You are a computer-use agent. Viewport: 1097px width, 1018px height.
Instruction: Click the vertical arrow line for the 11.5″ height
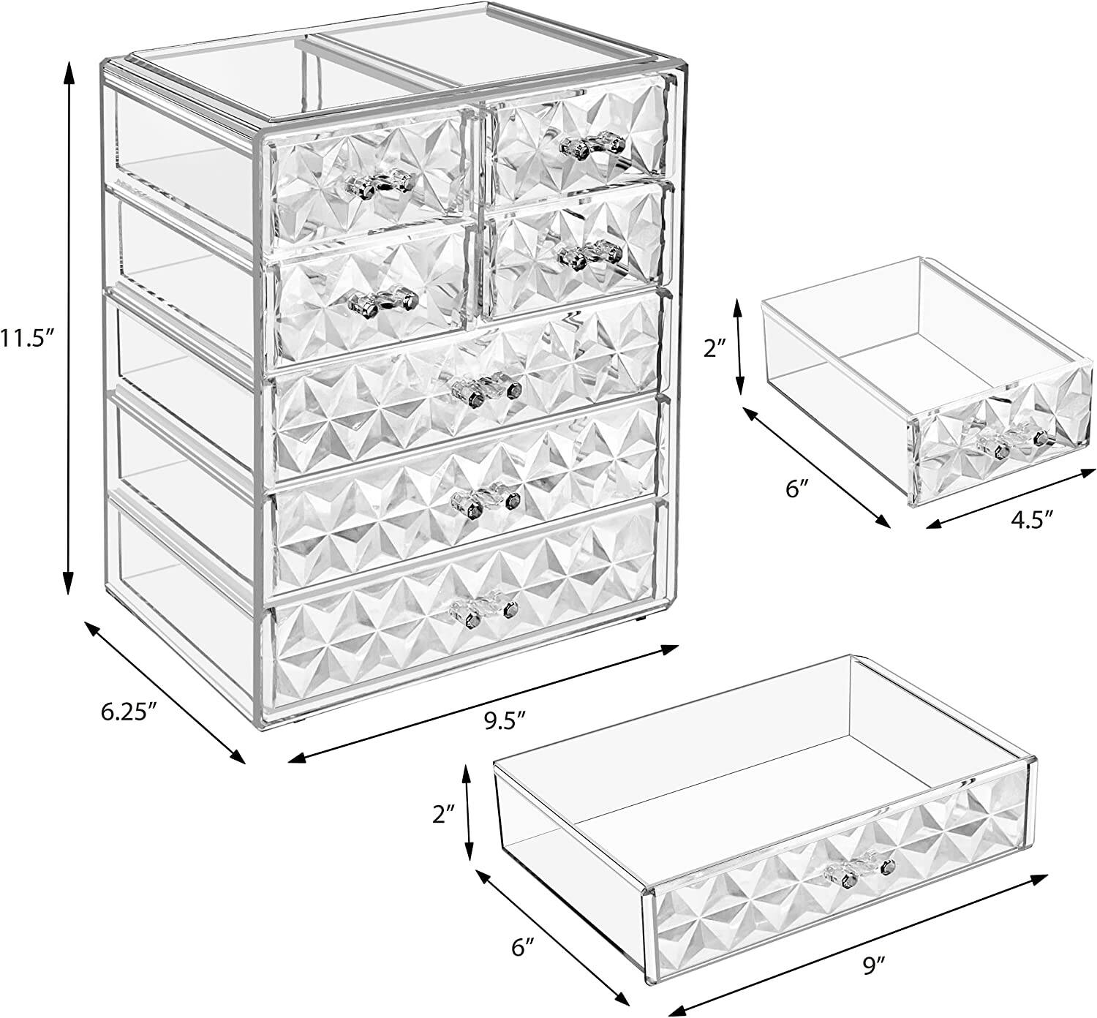(68, 328)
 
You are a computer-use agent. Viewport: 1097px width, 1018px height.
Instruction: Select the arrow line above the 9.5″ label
(483, 703)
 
